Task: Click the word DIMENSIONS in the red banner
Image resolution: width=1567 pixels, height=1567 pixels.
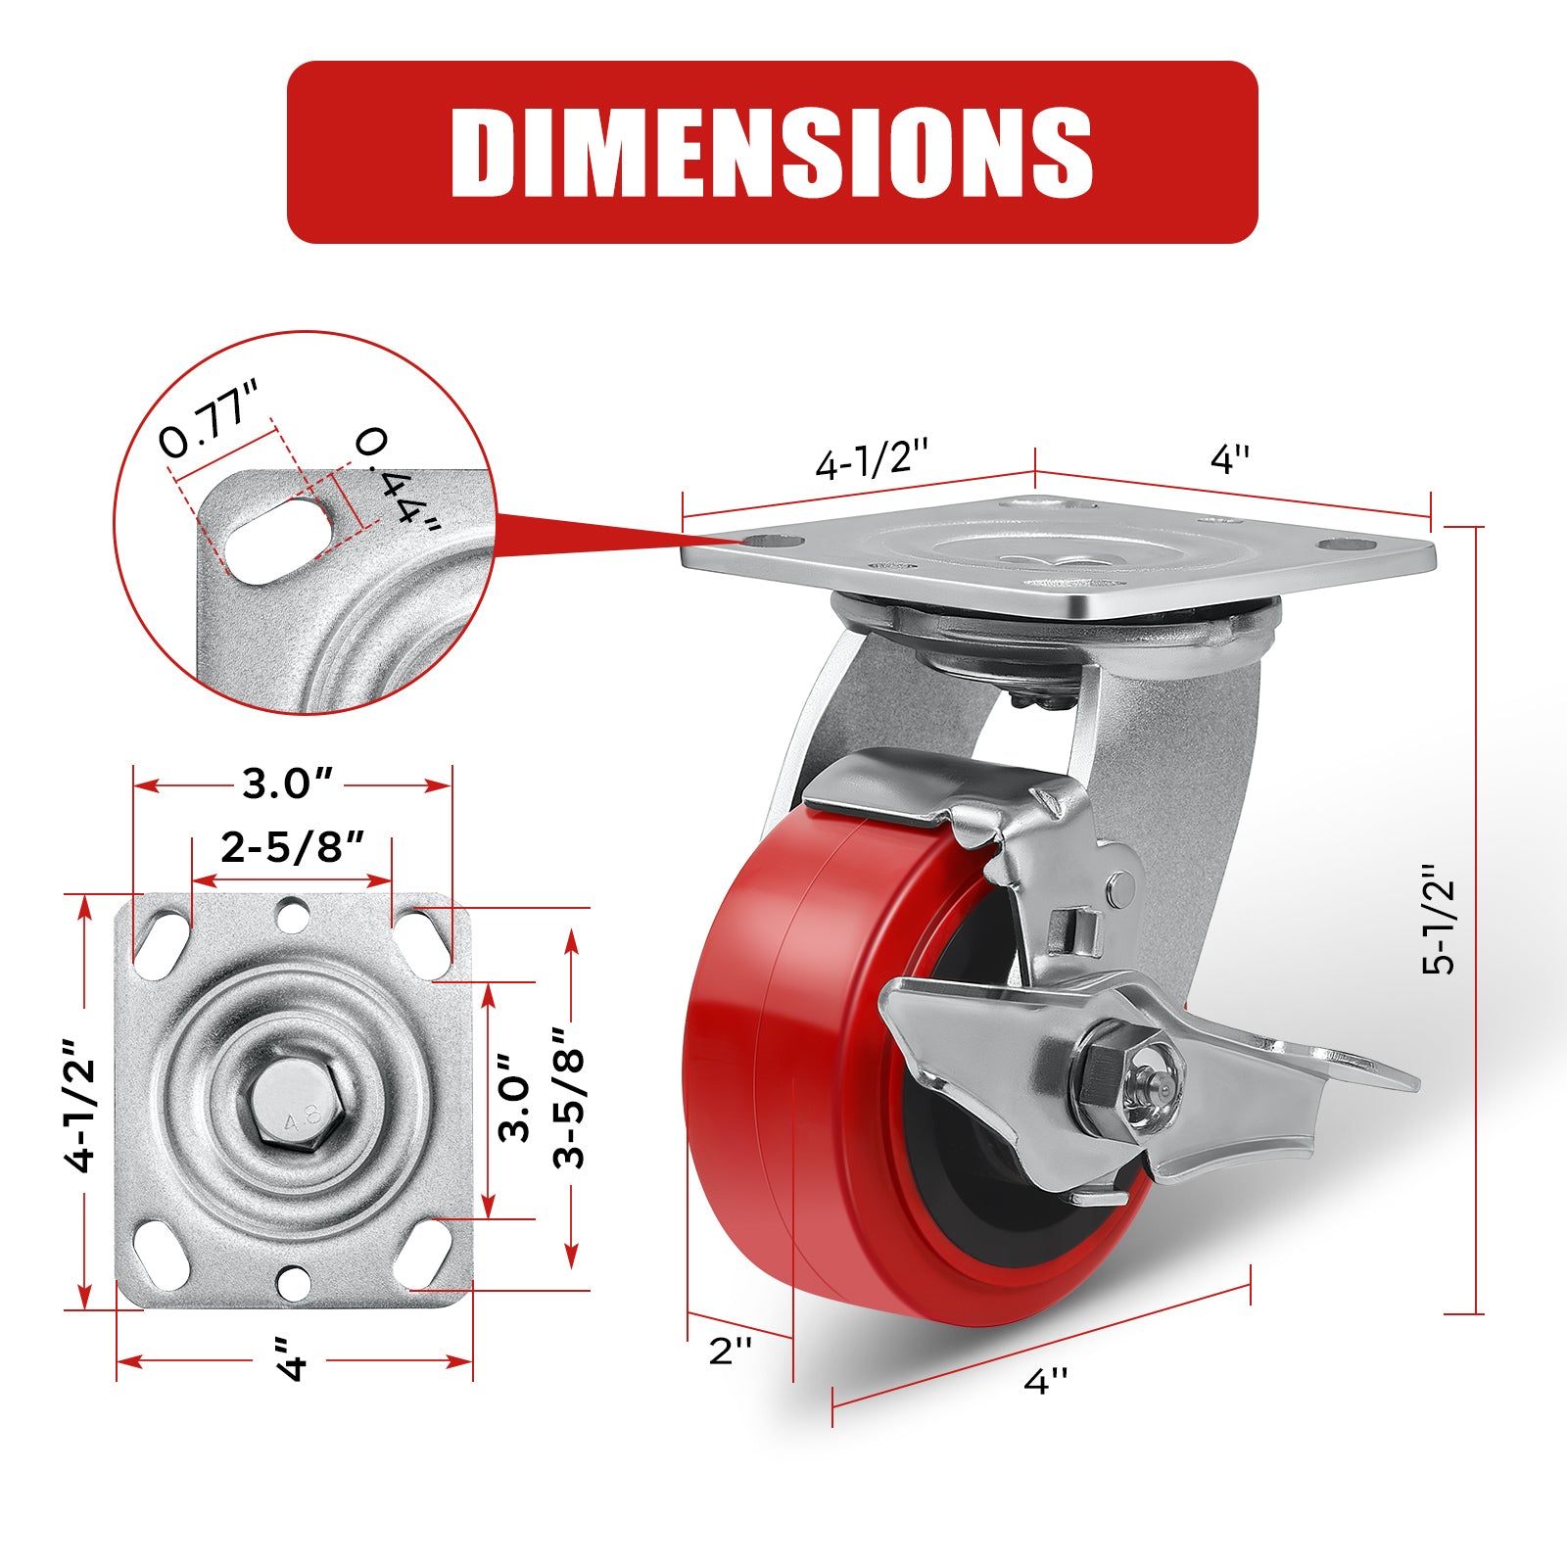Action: pyautogui.click(x=772, y=152)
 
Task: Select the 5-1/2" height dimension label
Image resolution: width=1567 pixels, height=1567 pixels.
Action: pyautogui.click(x=1440, y=920)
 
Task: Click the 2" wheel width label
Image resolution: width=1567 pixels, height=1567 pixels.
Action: pyautogui.click(x=730, y=1351)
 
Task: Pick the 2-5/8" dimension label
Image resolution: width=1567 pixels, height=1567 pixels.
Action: pyautogui.click(x=293, y=847)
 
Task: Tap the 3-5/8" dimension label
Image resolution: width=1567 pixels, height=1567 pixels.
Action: pyautogui.click(x=569, y=1097)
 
